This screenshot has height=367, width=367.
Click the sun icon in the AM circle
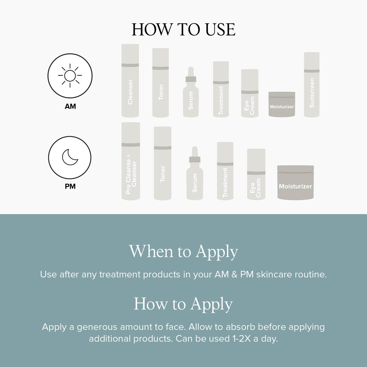70,76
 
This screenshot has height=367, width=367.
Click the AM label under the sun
70,106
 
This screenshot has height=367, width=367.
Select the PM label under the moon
70,186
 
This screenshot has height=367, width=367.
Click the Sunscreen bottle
312,84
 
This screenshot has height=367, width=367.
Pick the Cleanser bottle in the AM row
130,81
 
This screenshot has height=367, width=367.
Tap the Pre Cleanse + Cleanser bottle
131,161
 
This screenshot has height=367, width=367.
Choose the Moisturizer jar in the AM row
282,104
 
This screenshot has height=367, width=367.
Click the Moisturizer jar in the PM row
295,183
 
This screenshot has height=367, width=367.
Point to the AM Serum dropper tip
191,68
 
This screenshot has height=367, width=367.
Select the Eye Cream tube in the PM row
256,174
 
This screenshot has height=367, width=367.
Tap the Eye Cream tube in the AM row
250,93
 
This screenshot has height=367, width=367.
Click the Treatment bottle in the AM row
221,89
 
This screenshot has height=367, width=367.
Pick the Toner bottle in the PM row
162,163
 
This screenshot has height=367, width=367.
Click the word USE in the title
221,30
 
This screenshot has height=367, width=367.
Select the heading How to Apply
183,304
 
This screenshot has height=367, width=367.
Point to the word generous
97,327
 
